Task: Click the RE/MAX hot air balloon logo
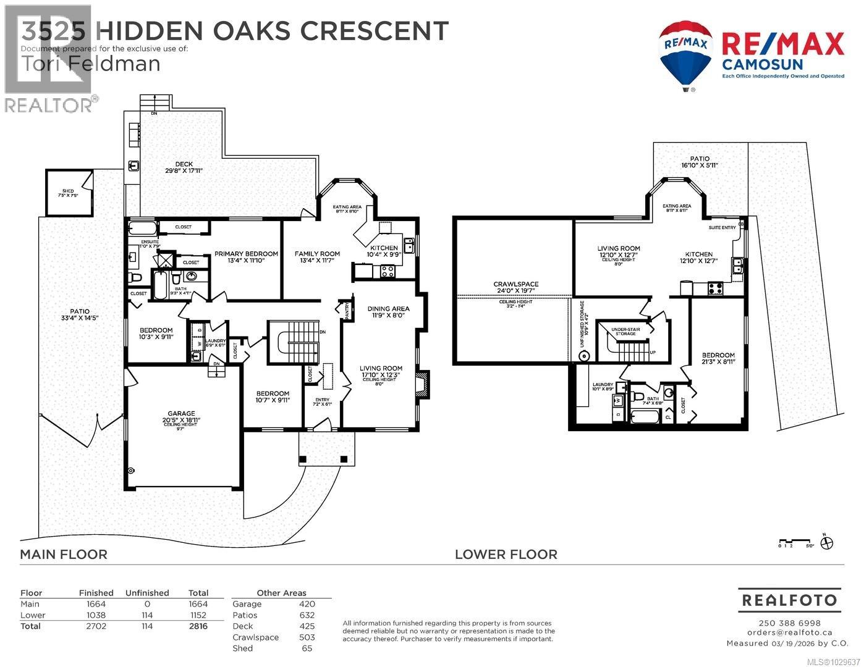(686, 54)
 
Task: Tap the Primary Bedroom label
(246, 254)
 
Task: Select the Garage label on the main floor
(181, 414)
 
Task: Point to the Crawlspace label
(515, 284)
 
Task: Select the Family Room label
(317, 254)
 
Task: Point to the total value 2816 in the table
(198, 626)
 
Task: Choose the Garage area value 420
(307, 604)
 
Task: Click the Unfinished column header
(147, 593)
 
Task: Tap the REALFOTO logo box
(789, 600)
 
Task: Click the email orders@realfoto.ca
(789, 632)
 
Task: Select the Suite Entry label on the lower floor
(722, 227)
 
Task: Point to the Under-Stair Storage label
(625, 332)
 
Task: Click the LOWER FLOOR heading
(506, 555)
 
